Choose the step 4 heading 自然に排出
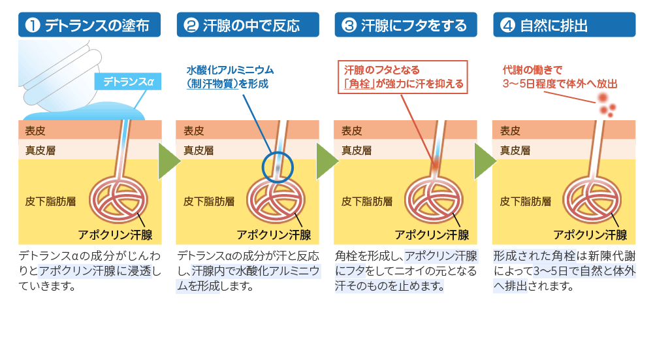pyautogui.click(x=564, y=25)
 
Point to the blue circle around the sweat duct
pyautogui.click(x=277, y=167)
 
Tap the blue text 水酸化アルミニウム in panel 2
pyautogui.click(x=230, y=70)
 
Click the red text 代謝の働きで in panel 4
pyautogui.click(x=532, y=70)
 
